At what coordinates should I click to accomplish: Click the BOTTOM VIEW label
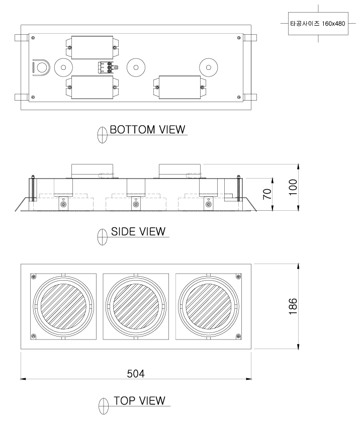click(x=147, y=129)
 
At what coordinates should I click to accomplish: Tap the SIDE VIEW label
click(x=138, y=231)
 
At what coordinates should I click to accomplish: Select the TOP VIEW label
click(x=139, y=400)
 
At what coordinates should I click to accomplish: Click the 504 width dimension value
click(x=136, y=374)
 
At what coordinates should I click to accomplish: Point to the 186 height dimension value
click(x=293, y=306)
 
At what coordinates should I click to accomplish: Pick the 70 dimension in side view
click(x=267, y=194)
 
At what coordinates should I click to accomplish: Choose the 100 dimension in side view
click(x=293, y=187)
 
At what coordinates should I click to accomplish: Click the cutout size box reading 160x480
click(x=318, y=23)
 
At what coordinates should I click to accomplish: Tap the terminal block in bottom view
click(x=108, y=67)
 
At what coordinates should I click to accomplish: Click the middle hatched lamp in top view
click(x=136, y=306)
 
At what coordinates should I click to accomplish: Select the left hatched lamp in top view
click(x=63, y=306)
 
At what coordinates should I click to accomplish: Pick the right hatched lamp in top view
click(x=208, y=306)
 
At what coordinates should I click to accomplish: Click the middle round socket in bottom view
click(x=136, y=67)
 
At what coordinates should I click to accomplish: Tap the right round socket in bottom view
click(x=208, y=67)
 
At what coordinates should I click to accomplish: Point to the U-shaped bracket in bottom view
click(x=41, y=67)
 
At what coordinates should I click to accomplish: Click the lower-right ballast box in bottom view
click(x=179, y=87)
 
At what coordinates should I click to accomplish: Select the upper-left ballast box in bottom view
click(x=92, y=47)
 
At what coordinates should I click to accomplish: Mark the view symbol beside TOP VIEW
click(x=104, y=406)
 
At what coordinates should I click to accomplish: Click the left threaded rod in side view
click(x=33, y=188)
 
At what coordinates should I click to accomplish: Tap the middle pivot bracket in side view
click(x=136, y=203)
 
